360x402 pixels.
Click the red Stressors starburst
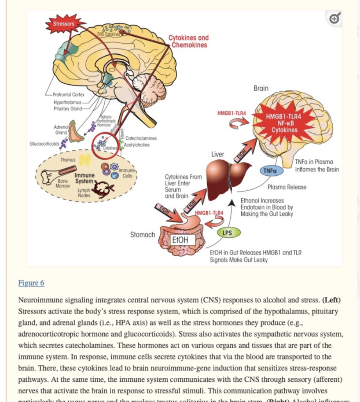click(x=65, y=24)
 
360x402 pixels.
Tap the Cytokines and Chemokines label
click(x=188, y=41)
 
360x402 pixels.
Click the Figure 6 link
click(x=31, y=283)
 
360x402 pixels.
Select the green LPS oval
click(x=228, y=233)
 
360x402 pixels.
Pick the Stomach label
click(x=143, y=235)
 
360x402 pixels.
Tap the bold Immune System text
click(x=84, y=179)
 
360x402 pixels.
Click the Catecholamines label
click(x=141, y=139)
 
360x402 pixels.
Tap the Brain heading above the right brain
click(x=261, y=89)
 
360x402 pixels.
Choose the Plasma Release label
click(x=287, y=187)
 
